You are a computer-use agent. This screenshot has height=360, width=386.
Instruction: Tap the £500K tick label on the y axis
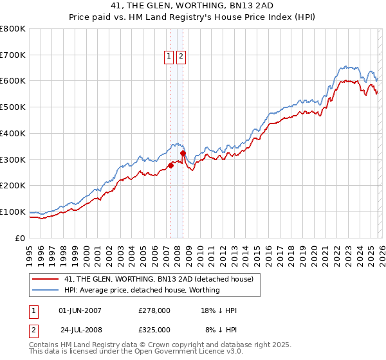click(x=13, y=107)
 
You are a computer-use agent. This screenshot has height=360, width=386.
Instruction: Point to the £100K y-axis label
click(x=13, y=212)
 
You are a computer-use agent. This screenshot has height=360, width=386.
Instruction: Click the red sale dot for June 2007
click(x=170, y=165)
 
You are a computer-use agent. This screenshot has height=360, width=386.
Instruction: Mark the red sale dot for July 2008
click(x=183, y=153)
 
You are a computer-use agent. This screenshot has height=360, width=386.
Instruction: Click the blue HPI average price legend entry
click(x=142, y=290)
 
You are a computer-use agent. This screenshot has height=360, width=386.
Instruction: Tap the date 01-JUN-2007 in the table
click(x=80, y=310)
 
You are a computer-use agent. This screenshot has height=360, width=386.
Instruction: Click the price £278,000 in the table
click(x=154, y=310)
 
